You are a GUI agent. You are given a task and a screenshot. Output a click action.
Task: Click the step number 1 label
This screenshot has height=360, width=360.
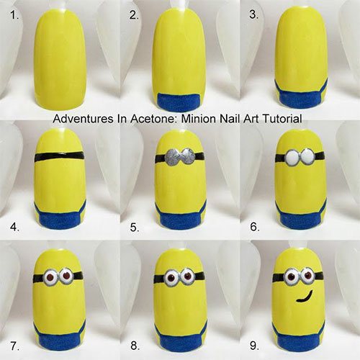pos(14,15)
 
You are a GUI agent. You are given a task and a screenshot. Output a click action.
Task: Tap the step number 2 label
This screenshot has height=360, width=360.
pos(134,15)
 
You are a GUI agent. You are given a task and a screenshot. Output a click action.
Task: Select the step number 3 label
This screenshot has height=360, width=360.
pos(254,15)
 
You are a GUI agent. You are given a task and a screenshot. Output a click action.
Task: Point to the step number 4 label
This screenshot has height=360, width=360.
pos(14,227)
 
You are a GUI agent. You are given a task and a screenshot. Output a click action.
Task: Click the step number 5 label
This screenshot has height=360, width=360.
pos(135,228)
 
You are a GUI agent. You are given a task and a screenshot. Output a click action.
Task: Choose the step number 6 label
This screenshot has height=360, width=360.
pos(255,227)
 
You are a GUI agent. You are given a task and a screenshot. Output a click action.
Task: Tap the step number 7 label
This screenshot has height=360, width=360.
pos(14,346)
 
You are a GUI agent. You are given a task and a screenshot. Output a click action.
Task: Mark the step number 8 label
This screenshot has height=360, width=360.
pos(135,346)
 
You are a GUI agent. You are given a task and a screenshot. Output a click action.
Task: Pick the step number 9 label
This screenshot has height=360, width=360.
pos(255,346)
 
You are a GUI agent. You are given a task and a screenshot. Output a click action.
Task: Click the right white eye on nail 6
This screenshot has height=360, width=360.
pos(307,156)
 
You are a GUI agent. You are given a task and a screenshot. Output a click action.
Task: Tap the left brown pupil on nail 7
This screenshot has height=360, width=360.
pos(50,278)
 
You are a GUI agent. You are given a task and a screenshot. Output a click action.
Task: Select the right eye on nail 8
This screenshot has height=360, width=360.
pos(189,276)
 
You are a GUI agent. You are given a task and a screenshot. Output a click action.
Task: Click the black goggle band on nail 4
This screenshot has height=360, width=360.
pos(59,156)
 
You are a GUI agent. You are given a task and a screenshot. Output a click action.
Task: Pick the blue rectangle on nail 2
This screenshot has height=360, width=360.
pos(179,102)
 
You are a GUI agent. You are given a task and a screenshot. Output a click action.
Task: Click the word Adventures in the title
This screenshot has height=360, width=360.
pos(83,119)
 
